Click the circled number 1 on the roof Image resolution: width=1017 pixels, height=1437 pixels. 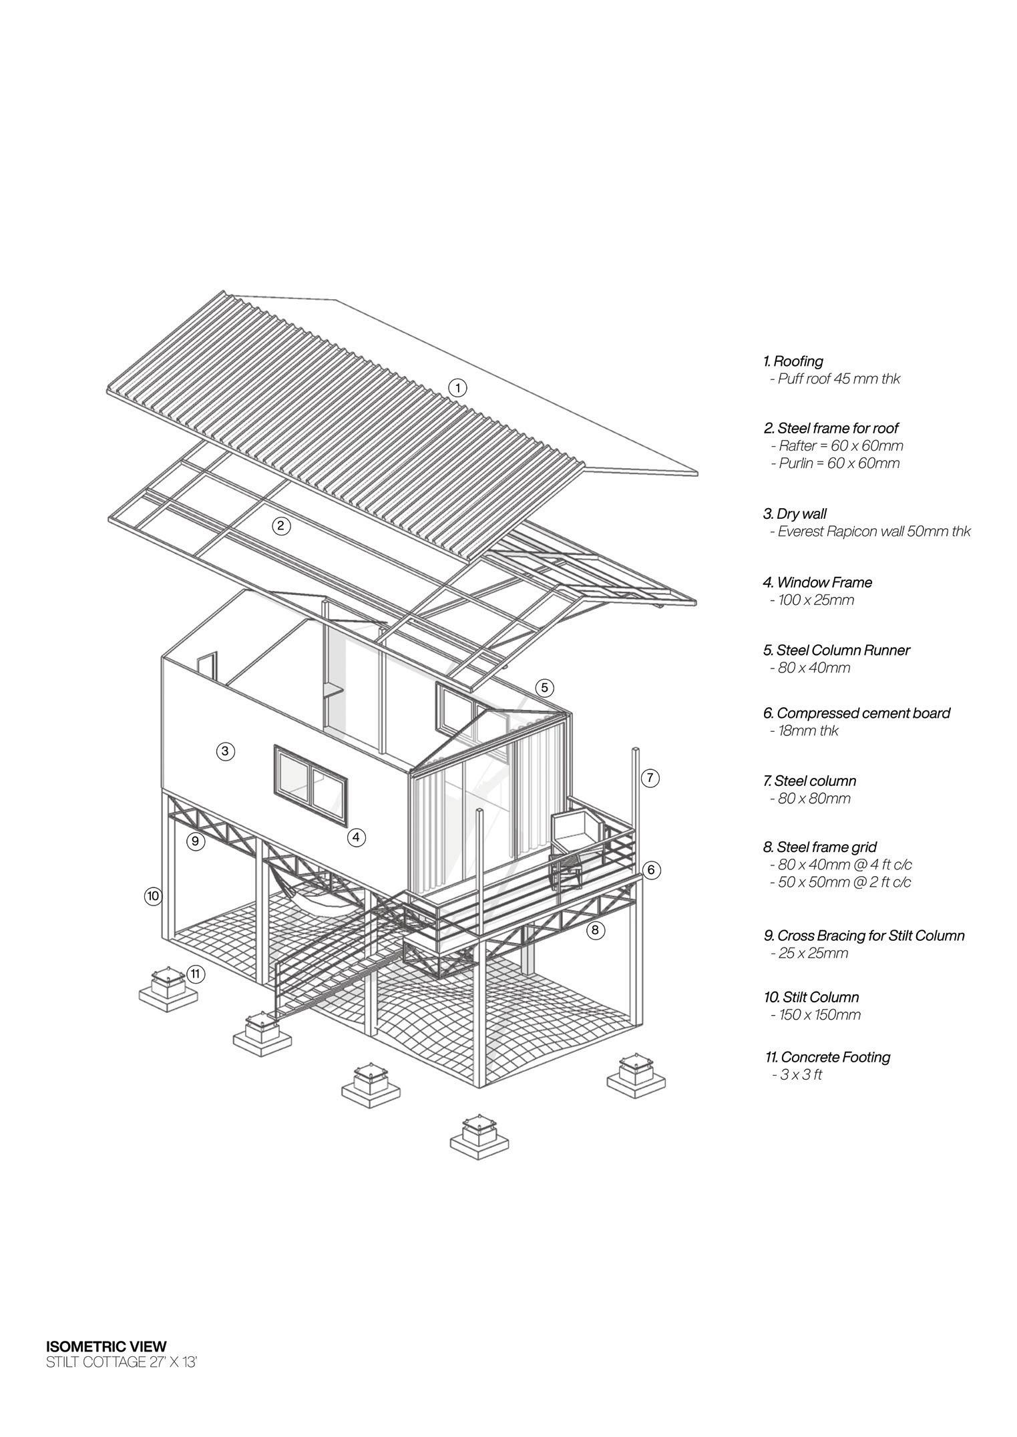(457, 387)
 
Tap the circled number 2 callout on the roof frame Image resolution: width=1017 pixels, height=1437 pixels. (281, 526)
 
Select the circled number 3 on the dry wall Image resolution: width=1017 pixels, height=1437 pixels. (226, 751)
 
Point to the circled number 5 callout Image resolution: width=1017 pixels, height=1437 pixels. (544, 687)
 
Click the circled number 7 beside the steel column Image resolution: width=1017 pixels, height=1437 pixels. (650, 777)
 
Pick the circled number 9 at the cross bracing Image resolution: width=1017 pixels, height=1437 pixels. (195, 841)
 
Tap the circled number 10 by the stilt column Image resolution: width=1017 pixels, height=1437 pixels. (154, 895)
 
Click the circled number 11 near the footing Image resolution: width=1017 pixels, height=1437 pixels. (195, 974)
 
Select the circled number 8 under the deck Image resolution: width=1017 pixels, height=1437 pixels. (596, 930)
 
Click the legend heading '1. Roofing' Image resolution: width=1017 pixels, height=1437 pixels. (793, 361)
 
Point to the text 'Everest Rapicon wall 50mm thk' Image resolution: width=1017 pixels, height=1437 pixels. (873, 532)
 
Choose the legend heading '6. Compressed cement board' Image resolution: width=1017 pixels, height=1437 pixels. (857, 713)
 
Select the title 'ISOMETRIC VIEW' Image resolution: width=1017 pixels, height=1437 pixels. (106, 1346)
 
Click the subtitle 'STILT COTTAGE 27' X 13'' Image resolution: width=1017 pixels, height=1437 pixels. (121, 1362)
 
